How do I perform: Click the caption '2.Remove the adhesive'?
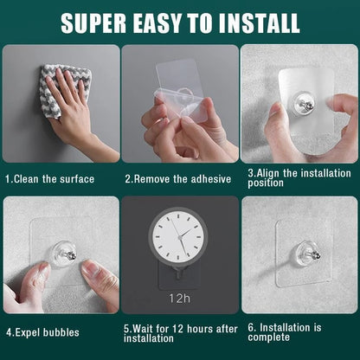click(177, 178)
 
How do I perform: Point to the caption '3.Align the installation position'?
click(299, 177)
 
